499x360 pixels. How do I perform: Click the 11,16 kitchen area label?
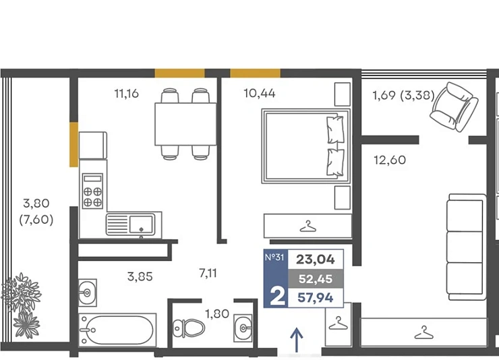(x=126, y=94)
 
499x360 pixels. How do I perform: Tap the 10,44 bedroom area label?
(x=260, y=93)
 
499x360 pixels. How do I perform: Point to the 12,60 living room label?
(x=390, y=160)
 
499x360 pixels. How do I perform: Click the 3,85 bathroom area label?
(x=140, y=276)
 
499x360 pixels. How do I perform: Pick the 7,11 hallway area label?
(x=208, y=273)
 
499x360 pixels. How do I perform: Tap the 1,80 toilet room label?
(x=217, y=314)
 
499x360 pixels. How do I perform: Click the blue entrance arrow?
(x=297, y=340)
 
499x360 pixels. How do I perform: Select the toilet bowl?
(x=189, y=328)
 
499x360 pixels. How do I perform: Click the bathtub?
(x=117, y=330)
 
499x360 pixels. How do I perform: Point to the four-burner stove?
(x=92, y=191)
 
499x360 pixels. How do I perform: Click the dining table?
(x=185, y=124)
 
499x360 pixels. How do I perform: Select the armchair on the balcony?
(x=454, y=107)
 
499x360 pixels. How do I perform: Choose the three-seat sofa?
(x=466, y=247)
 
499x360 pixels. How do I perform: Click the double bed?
(x=306, y=146)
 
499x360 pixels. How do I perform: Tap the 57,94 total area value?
(x=316, y=298)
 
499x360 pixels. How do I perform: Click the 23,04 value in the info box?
(x=316, y=260)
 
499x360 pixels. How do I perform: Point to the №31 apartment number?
(x=274, y=257)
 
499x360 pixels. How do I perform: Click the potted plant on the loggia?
(x=22, y=305)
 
